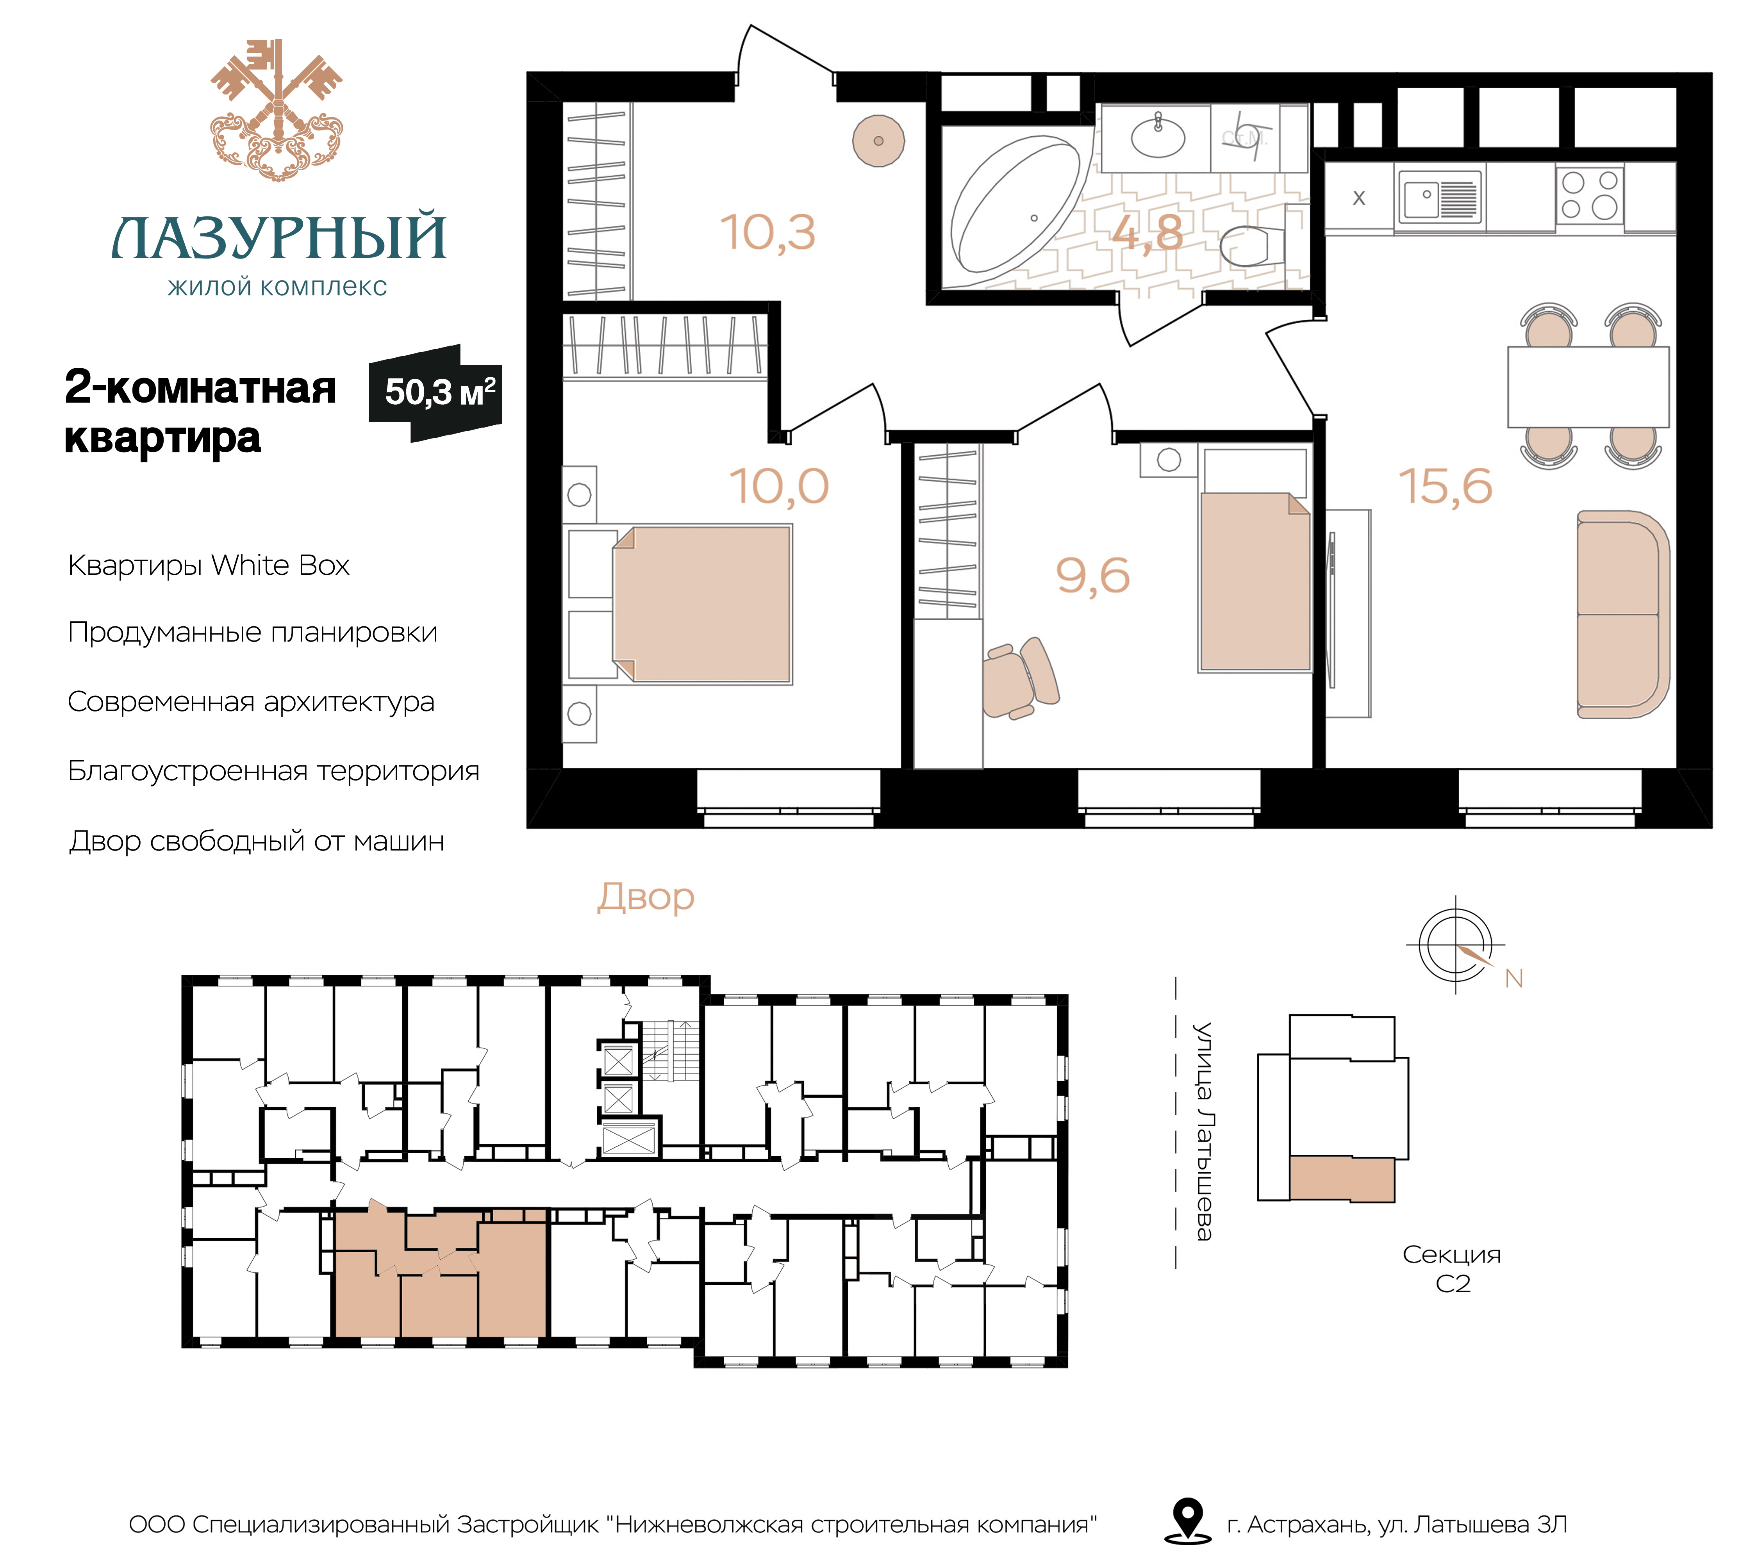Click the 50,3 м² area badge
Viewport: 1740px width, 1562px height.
point(435,393)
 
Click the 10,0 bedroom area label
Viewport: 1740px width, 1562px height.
point(780,487)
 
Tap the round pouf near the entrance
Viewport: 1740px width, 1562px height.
point(878,141)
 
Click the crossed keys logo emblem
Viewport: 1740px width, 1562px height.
point(277,109)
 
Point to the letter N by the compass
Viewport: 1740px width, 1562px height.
point(1513,978)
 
